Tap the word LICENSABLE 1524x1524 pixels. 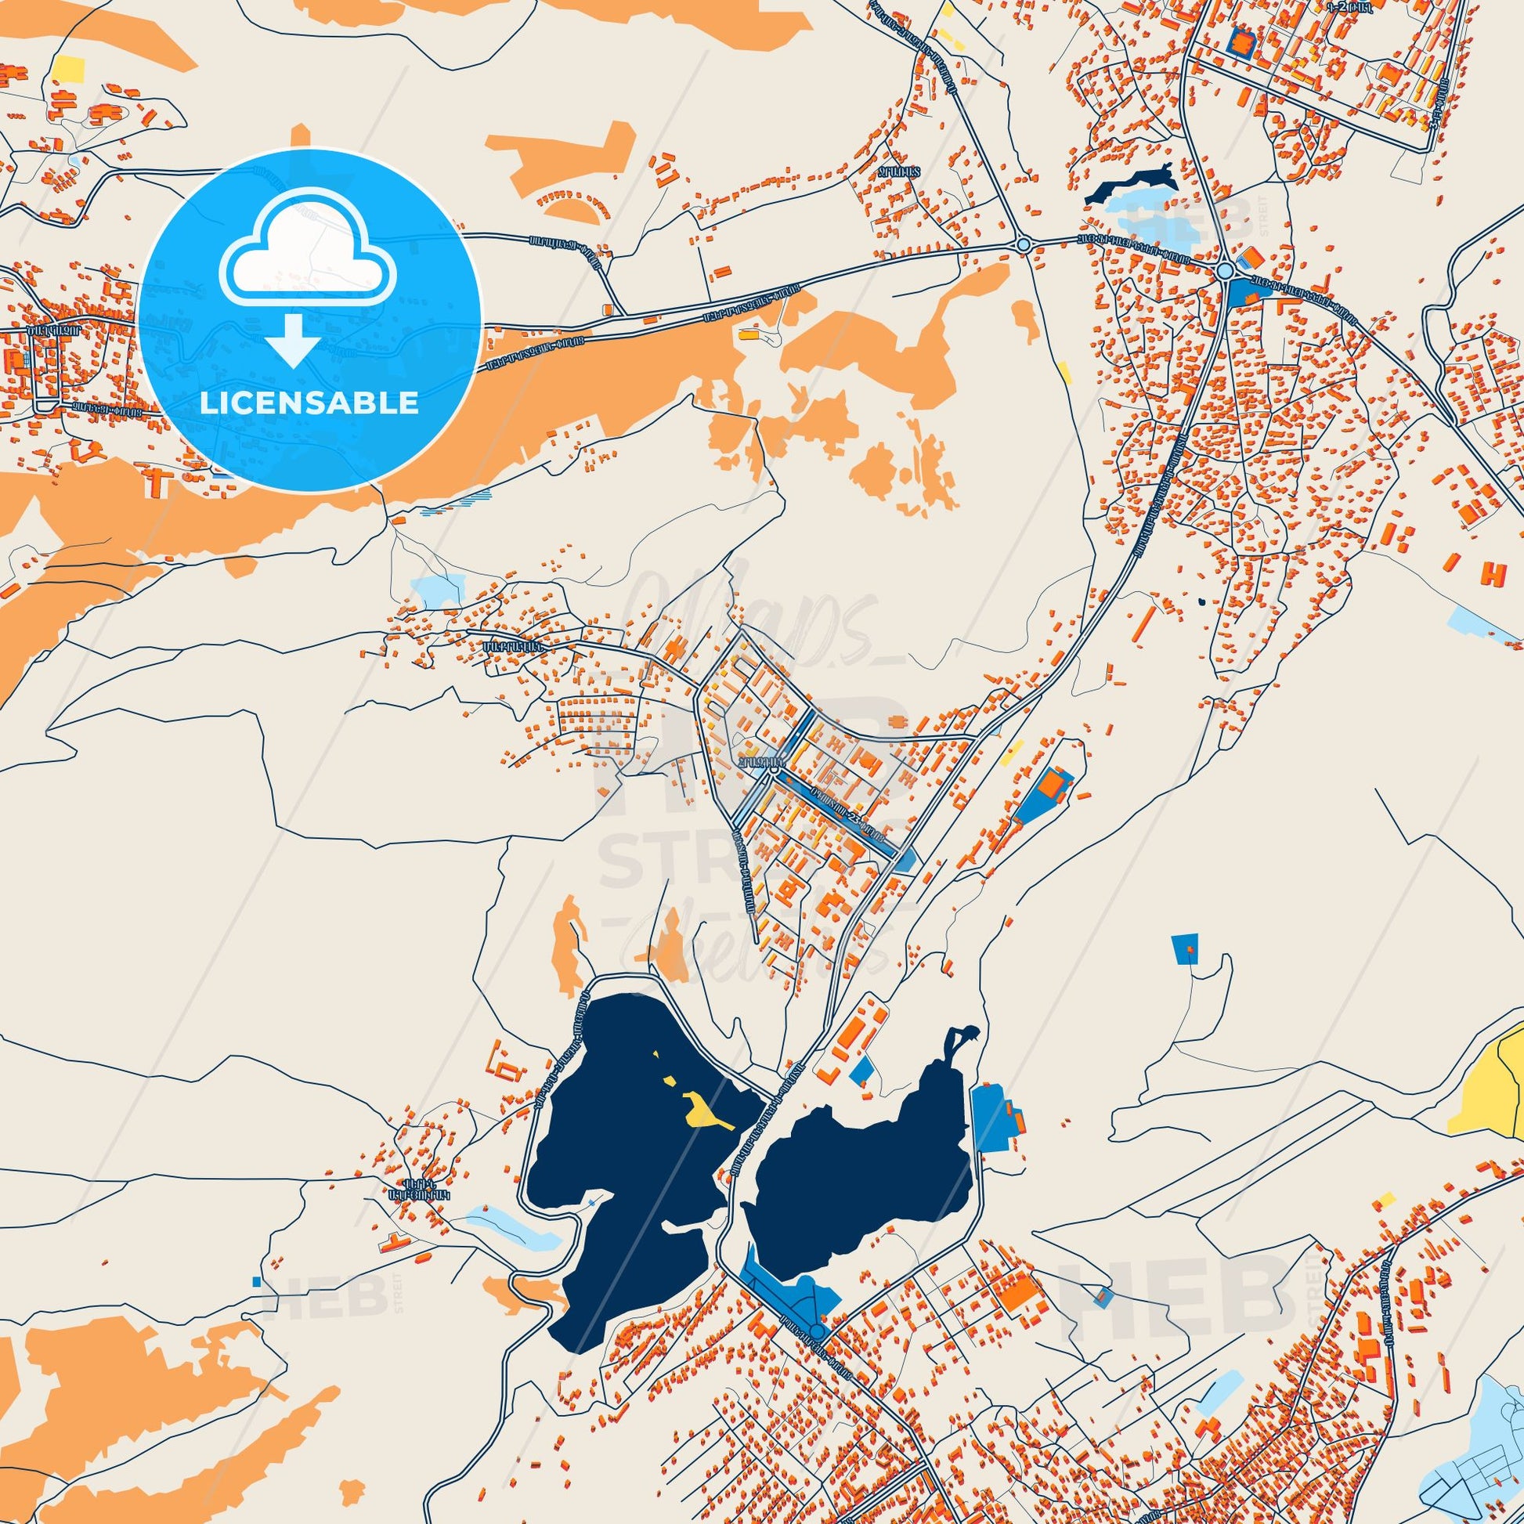pyautogui.click(x=309, y=403)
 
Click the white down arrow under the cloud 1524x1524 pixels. pyautogui.click(x=293, y=340)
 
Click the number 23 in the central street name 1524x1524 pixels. pyautogui.click(x=853, y=818)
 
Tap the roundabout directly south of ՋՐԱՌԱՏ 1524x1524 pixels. pyautogui.click(x=1023, y=245)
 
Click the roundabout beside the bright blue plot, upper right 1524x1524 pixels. pyautogui.click(x=1224, y=271)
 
